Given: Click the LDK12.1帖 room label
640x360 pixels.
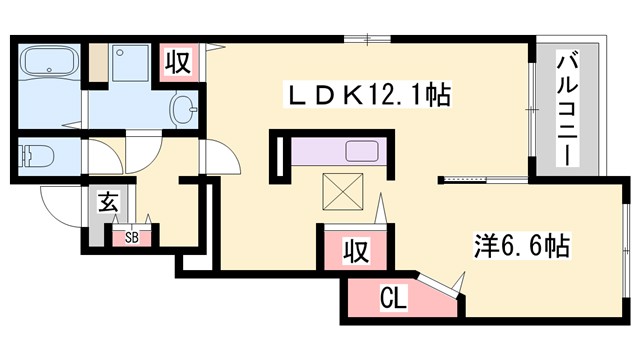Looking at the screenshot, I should (x=367, y=97).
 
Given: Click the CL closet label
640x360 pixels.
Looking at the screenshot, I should (x=393, y=297).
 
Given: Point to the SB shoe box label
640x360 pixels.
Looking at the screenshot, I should (x=132, y=238).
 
